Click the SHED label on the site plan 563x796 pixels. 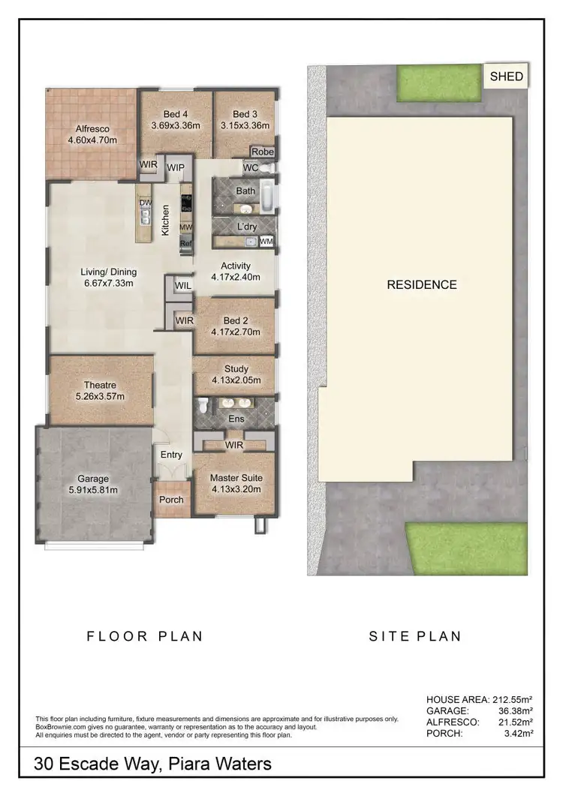[x=507, y=77]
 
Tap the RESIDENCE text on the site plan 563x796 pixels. [x=421, y=284]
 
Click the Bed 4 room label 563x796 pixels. [x=175, y=120]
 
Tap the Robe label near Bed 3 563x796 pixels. [x=262, y=152]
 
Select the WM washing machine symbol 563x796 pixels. [x=266, y=242]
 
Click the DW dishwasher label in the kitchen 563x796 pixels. [x=145, y=203]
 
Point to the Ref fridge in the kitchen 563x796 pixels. [x=185, y=243]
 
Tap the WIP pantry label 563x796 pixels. [x=176, y=167]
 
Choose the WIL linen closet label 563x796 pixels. [x=182, y=286]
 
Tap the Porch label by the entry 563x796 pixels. [x=172, y=500]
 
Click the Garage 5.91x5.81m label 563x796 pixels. [x=94, y=484]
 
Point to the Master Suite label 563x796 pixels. [x=236, y=478]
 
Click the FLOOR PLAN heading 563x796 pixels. [x=145, y=636]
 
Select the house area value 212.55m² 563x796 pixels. [x=522, y=699]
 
